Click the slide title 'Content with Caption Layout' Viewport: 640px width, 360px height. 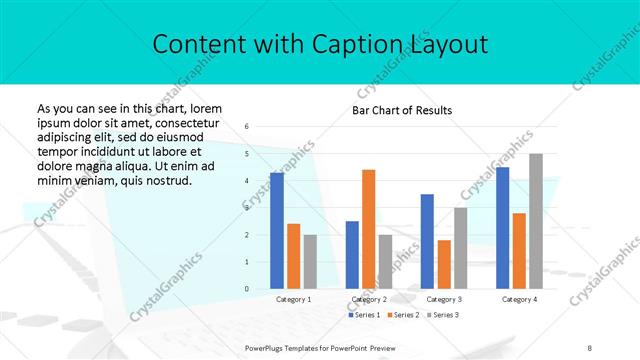coord(320,45)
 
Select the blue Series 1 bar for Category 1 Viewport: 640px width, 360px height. coord(277,231)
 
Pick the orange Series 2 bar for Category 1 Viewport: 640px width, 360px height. coord(293,256)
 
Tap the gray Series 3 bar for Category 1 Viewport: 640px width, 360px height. coord(310,262)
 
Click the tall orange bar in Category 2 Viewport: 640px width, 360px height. coord(368,229)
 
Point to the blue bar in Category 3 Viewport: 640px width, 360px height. coord(427,241)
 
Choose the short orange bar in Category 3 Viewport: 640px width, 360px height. coord(444,264)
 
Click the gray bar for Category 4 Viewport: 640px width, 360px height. coord(536,221)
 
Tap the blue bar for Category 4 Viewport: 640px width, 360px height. coord(503,228)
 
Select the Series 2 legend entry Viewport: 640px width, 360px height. coord(402,315)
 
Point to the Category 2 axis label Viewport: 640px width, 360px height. coord(369,299)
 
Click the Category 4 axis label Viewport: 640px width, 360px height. coord(519,299)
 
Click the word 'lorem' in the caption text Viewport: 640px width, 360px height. coord(204,108)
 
